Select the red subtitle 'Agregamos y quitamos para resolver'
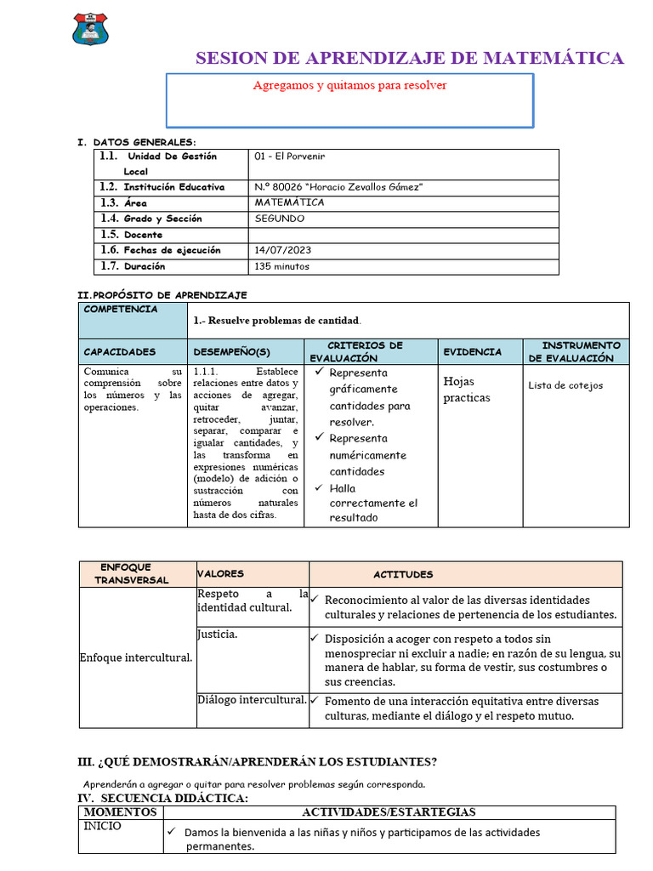point(349,86)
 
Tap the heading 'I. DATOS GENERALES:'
point(137,142)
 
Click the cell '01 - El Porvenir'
point(289,157)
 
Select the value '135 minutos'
point(282,266)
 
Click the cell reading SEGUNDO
point(279,219)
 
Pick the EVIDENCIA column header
point(472,351)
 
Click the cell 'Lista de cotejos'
point(565,385)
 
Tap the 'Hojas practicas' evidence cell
point(467,390)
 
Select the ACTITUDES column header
point(403,574)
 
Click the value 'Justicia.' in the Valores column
point(218,635)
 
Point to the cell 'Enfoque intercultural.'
point(135,658)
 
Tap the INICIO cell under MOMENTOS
point(102,826)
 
